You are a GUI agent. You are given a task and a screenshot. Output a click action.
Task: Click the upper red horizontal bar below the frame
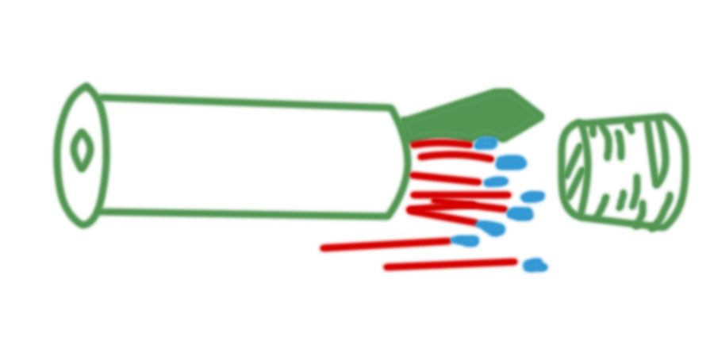pyautogui.click(x=381, y=245)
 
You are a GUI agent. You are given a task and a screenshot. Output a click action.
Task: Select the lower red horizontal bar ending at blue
pyautogui.click(x=448, y=265)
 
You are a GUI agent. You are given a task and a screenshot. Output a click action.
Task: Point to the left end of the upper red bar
pyautogui.click(x=317, y=245)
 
